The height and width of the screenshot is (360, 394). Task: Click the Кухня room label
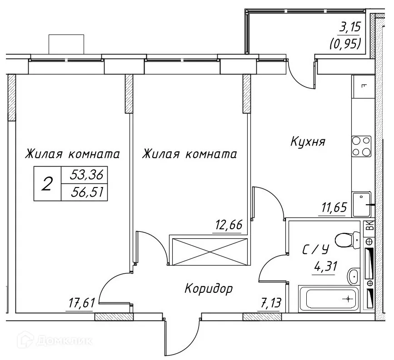click(308, 142)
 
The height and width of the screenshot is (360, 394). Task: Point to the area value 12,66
click(226, 225)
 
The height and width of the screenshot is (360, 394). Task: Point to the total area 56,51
click(86, 193)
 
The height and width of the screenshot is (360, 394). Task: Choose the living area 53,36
click(86, 175)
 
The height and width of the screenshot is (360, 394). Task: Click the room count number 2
click(47, 184)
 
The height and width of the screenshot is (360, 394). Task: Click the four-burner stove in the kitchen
click(361, 146)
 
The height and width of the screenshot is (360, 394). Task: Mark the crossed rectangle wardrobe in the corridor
click(209, 250)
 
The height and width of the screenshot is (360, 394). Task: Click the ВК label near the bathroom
click(370, 226)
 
